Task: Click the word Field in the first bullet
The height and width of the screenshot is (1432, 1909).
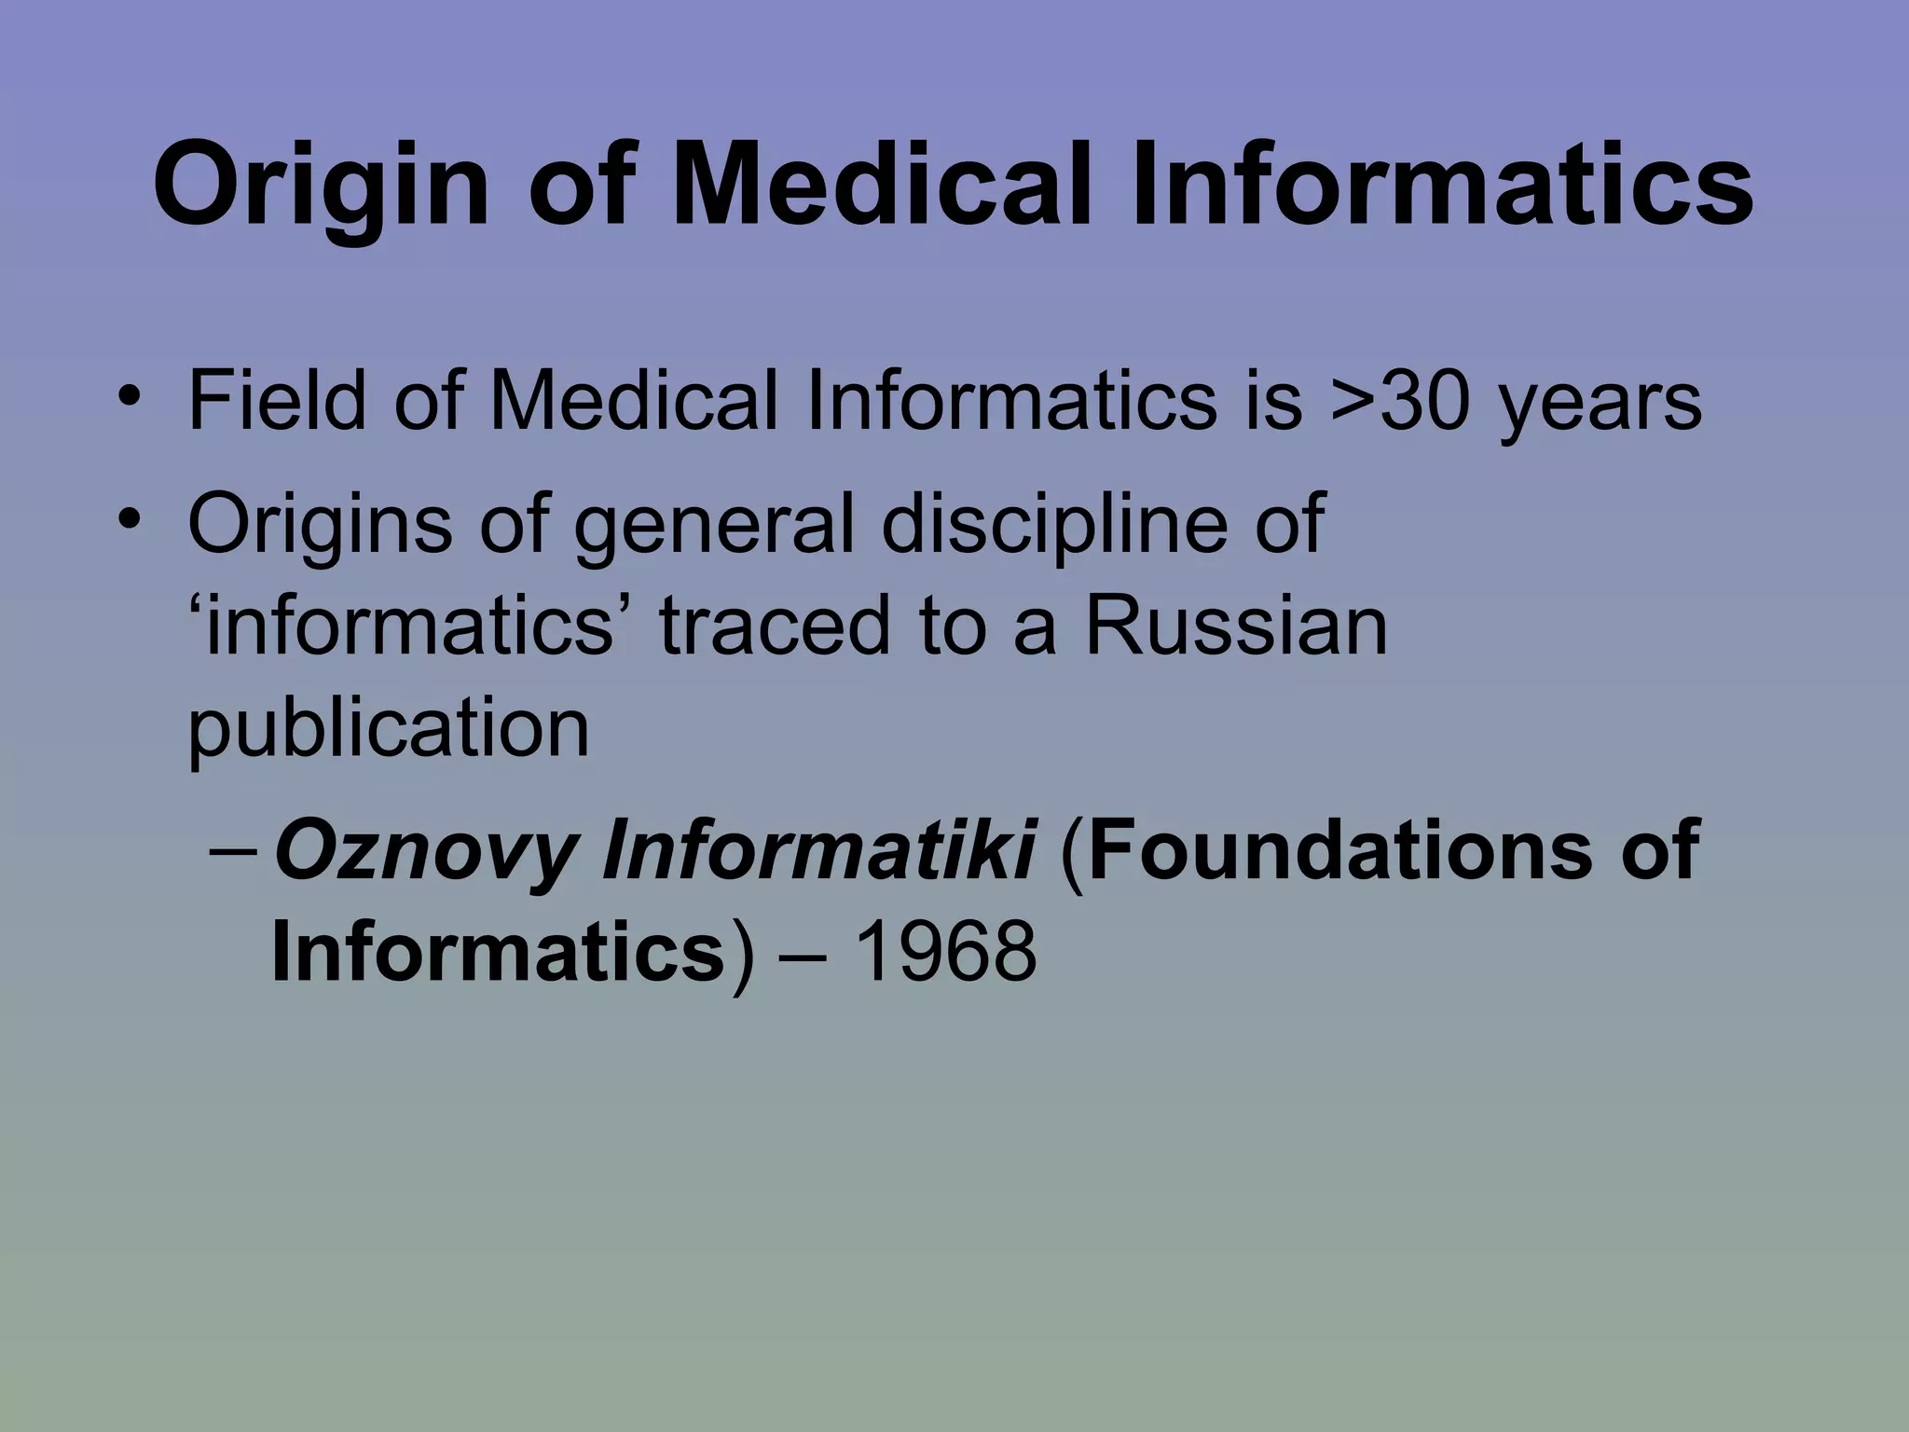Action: pyautogui.click(x=277, y=401)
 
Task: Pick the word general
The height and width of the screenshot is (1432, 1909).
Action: pyautogui.click(x=714, y=525)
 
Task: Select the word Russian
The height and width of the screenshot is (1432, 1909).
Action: pyautogui.click(x=1236, y=626)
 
